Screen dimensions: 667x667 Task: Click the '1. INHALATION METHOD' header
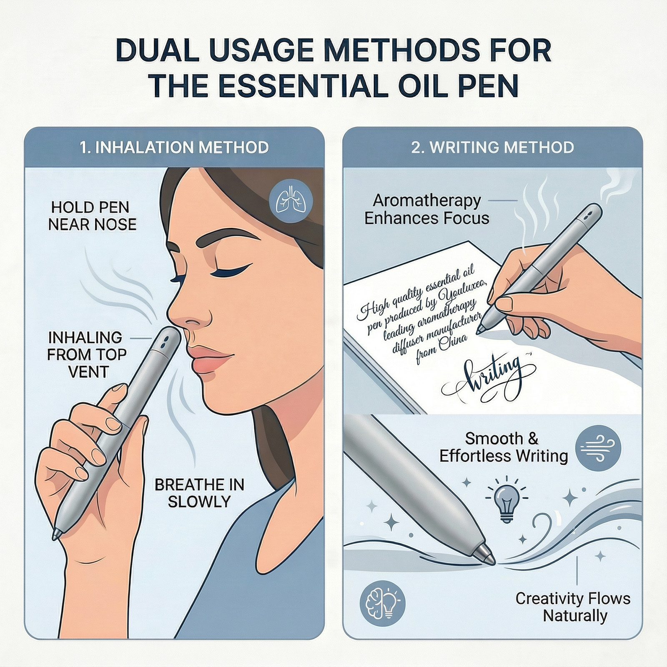[174, 148]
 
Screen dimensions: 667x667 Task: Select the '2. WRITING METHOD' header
[493, 148]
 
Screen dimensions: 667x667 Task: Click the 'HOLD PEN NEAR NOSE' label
[92, 216]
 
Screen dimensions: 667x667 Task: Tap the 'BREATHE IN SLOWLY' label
[199, 493]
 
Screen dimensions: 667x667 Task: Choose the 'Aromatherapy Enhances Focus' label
[427, 209]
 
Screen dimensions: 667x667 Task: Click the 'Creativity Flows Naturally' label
[573, 607]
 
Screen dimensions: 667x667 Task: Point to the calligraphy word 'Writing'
[488, 377]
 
